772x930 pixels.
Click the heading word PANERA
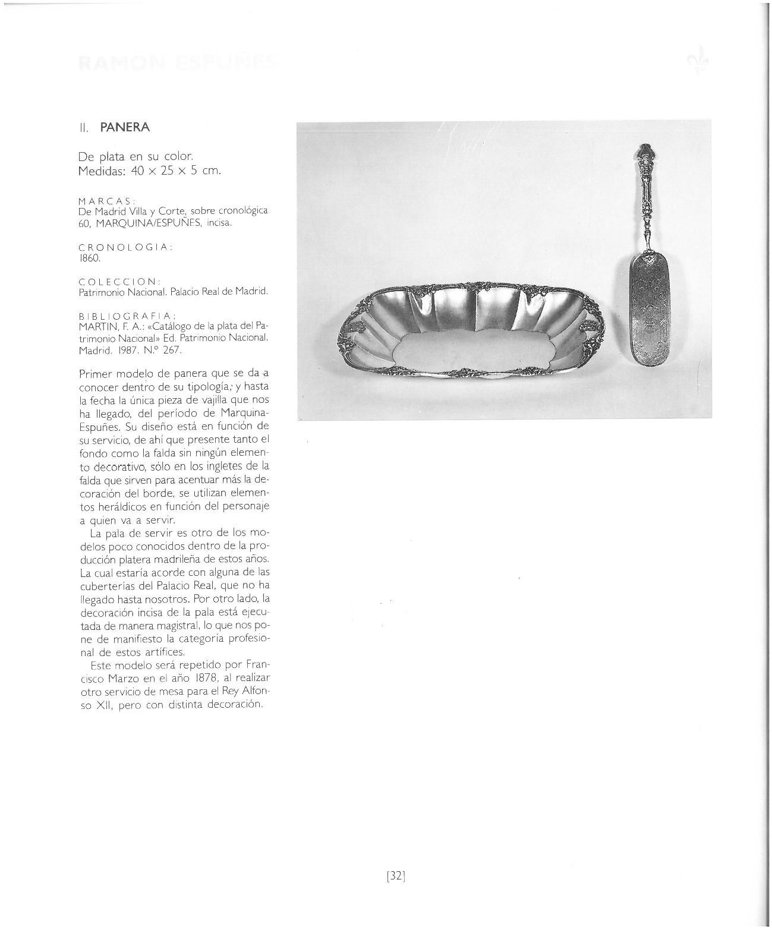pos(125,127)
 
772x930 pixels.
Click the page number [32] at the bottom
pos(396,875)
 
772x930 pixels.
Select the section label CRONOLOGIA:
pos(125,247)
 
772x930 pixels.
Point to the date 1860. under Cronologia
pos(90,258)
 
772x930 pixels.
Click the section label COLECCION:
pos(119,281)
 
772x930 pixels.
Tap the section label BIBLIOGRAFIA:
pos(127,315)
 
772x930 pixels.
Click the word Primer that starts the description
pos(95,374)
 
